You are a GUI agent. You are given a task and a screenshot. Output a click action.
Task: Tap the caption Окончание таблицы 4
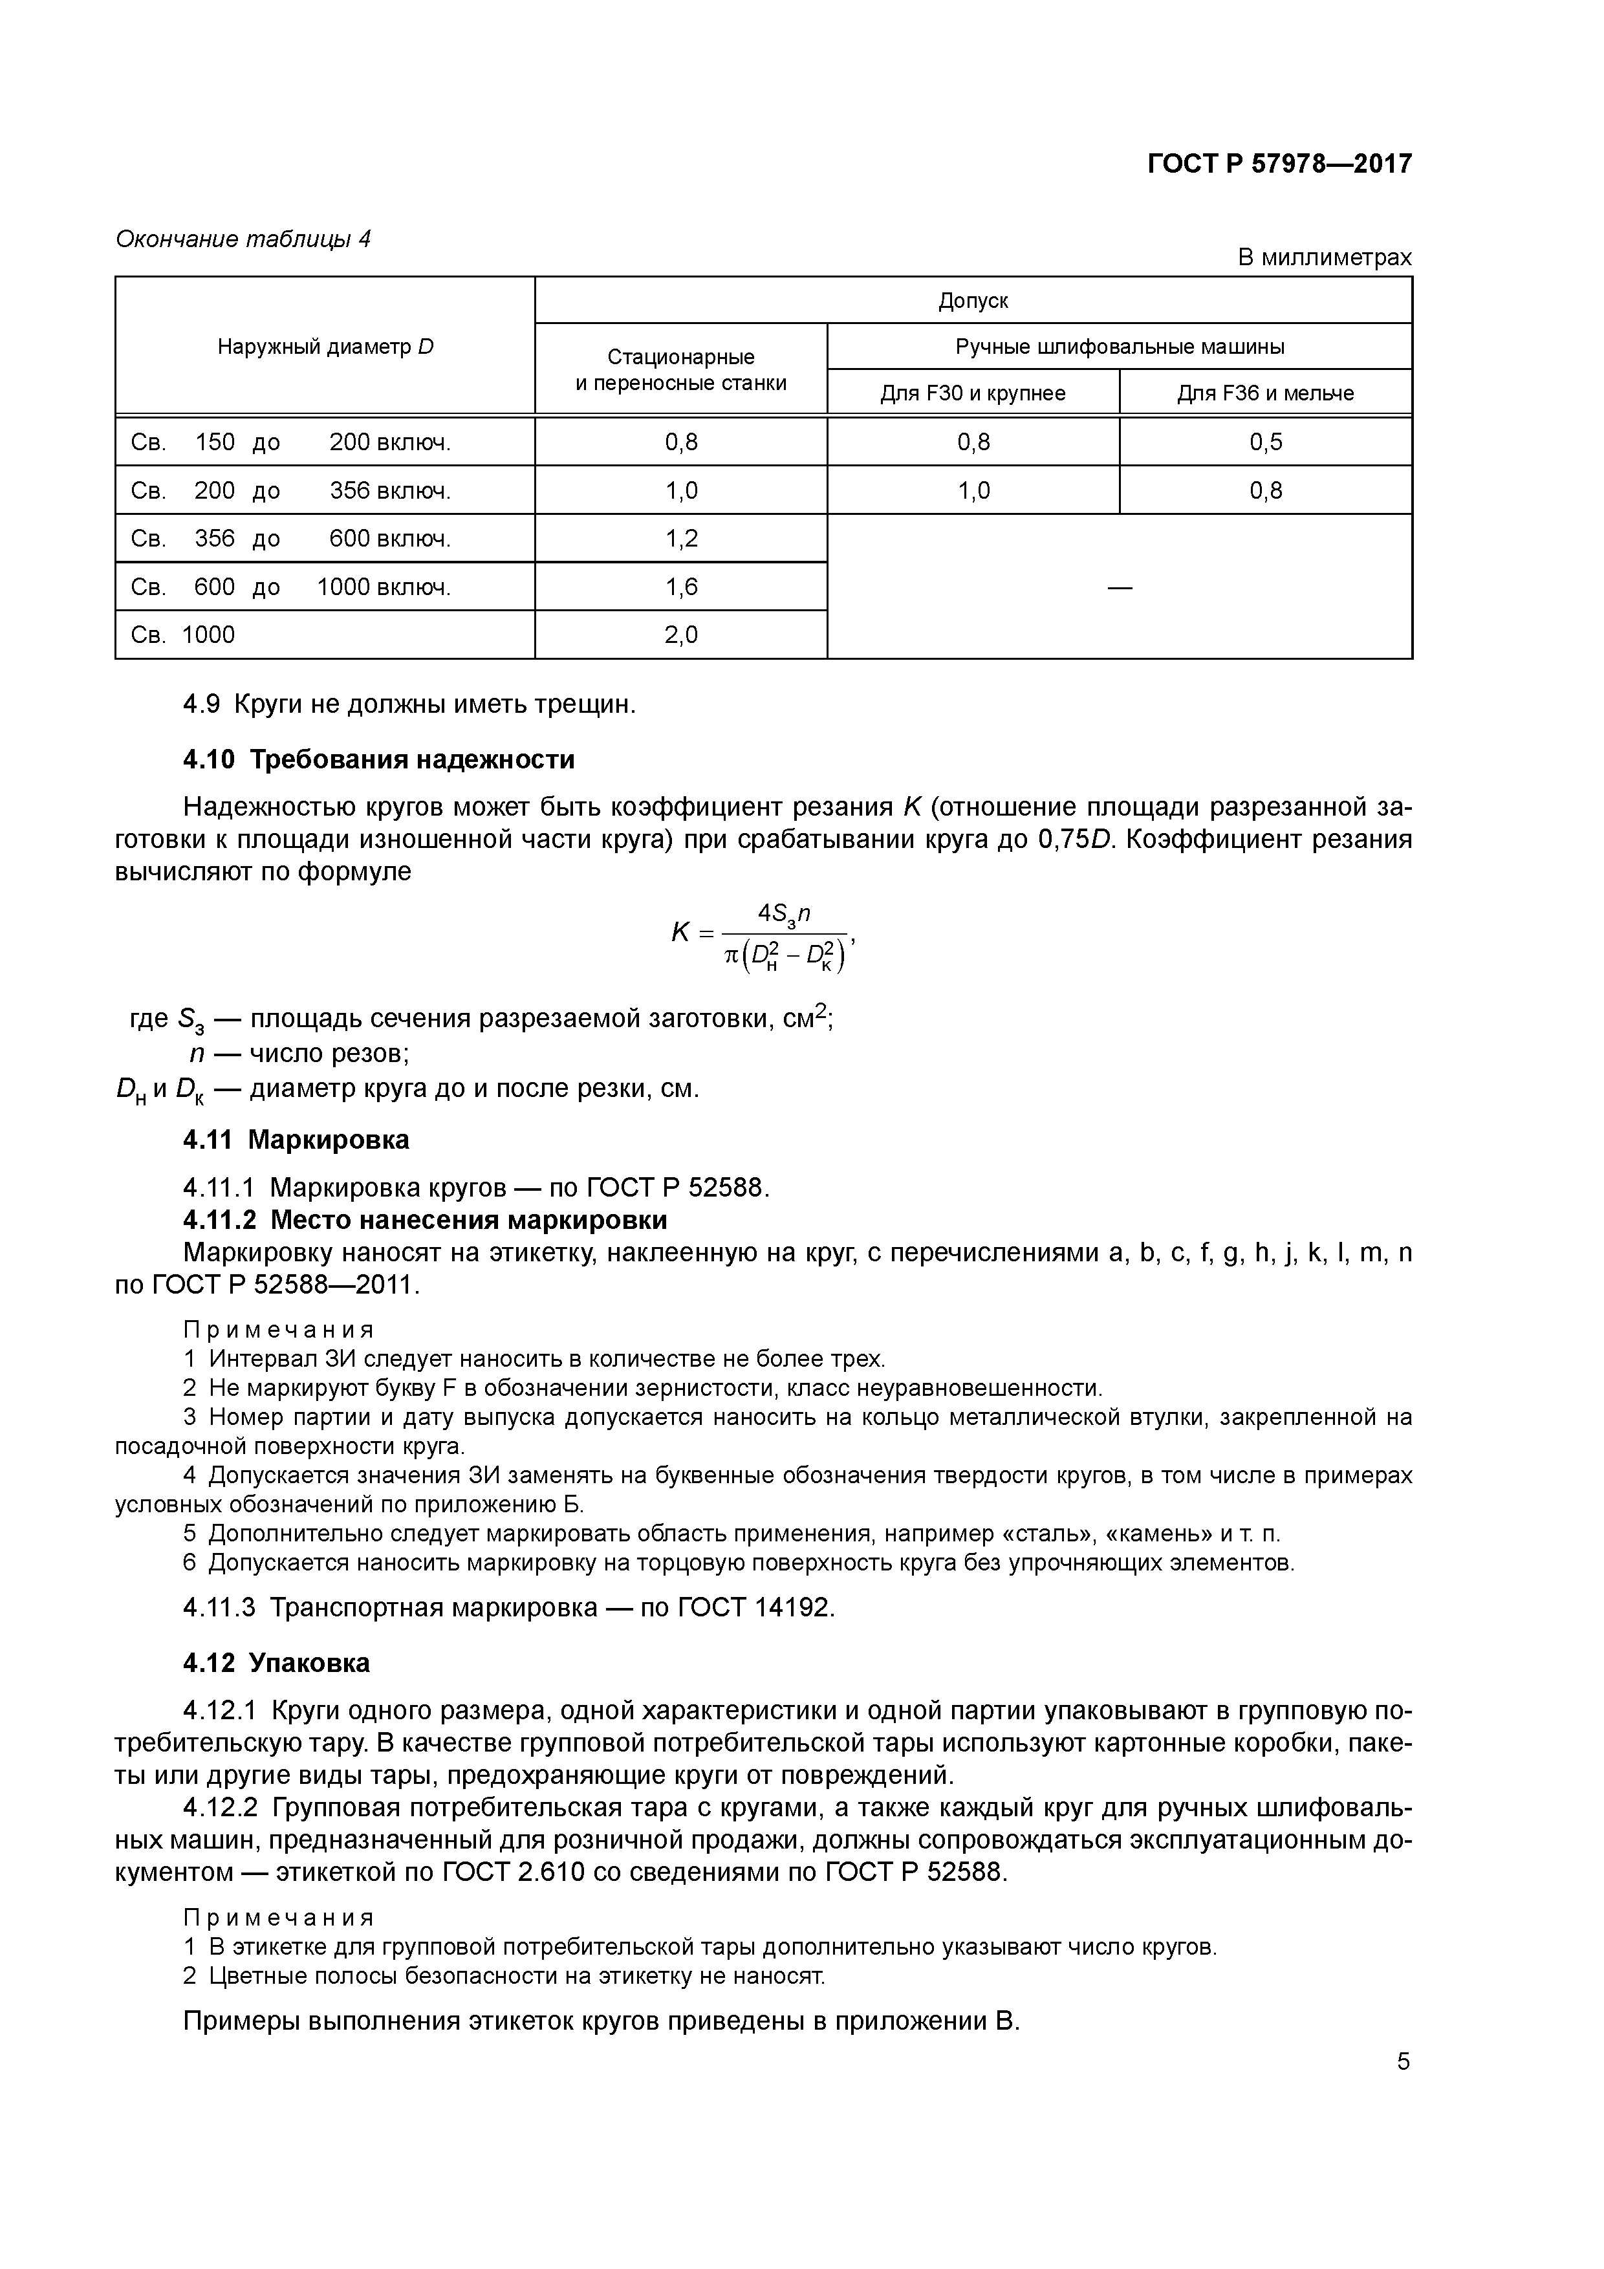[243, 239]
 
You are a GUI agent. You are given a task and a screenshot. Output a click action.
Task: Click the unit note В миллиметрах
[1325, 258]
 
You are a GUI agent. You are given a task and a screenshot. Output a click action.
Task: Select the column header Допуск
[973, 300]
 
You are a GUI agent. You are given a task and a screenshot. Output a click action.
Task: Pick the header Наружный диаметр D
[325, 347]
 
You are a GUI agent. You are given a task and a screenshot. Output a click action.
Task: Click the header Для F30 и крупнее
[973, 393]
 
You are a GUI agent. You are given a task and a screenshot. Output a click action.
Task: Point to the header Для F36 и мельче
[1265, 393]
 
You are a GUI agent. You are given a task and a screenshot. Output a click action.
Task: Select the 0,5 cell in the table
[1265, 442]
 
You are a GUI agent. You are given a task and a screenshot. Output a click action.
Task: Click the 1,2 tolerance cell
[681, 539]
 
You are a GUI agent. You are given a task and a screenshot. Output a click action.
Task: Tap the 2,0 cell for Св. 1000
[681, 635]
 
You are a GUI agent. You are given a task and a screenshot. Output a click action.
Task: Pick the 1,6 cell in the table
[681, 587]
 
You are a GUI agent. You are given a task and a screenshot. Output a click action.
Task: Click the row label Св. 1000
[184, 635]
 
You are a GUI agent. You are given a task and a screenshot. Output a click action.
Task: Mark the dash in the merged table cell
[1119, 588]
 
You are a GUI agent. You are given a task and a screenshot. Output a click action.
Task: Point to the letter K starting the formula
[681, 932]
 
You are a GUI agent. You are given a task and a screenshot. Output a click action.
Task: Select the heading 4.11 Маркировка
[296, 1140]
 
